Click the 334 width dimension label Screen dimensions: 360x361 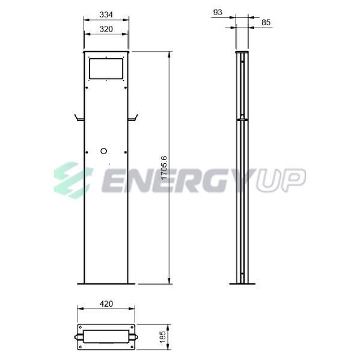tap(106, 14)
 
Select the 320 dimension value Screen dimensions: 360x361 tap(106, 29)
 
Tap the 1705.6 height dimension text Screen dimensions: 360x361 tap(164, 168)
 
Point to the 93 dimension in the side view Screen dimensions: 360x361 tap(218, 12)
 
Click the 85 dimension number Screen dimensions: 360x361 tap(266, 23)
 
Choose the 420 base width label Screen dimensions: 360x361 tap(106, 304)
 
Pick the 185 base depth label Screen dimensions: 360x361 tap(162, 338)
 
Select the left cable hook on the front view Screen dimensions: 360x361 tap(79, 119)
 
